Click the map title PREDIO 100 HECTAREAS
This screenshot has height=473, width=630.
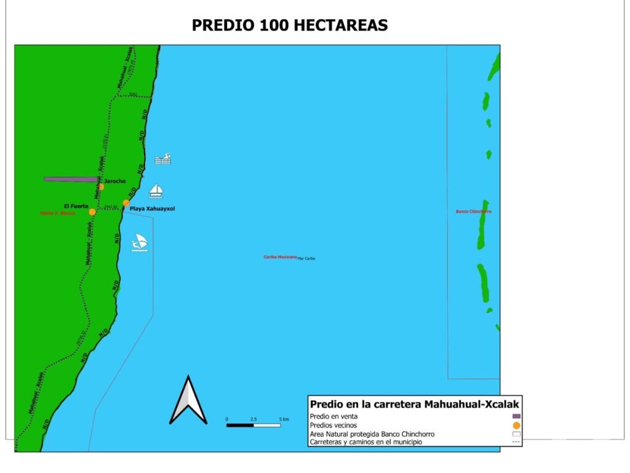pyautogui.click(x=290, y=25)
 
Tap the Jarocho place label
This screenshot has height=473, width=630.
pyautogui.click(x=114, y=181)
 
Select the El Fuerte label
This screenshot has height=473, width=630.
pyautogui.click(x=76, y=206)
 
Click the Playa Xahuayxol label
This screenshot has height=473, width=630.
pyautogui.click(x=152, y=209)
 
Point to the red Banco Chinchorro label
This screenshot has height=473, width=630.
pyautogui.click(x=473, y=211)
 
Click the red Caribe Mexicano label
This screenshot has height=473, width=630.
pyautogui.click(x=280, y=257)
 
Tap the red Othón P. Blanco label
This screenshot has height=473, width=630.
pyautogui.click(x=57, y=213)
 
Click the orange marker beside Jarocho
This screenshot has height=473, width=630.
pyautogui.click(x=101, y=186)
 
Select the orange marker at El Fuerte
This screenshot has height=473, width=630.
pyautogui.click(x=92, y=212)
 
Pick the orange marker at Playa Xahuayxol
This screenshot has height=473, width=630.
pyautogui.click(x=126, y=203)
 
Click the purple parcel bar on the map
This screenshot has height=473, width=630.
pyautogui.click(x=71, y=179)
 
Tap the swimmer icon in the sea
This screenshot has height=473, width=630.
pyautogui.click(x=162, y=159)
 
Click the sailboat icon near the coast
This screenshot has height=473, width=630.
pyautogui.click(x=156, y=190)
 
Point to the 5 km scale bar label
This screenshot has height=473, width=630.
pyautogui.click(x=284, y=419)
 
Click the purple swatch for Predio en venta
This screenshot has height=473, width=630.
pyautogui.click(x=516, y=416)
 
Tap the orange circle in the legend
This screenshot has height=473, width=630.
pyautogui.click(x=516, y=425)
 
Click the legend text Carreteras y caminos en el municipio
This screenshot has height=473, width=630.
pyautogui.click(x=366, y=442)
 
